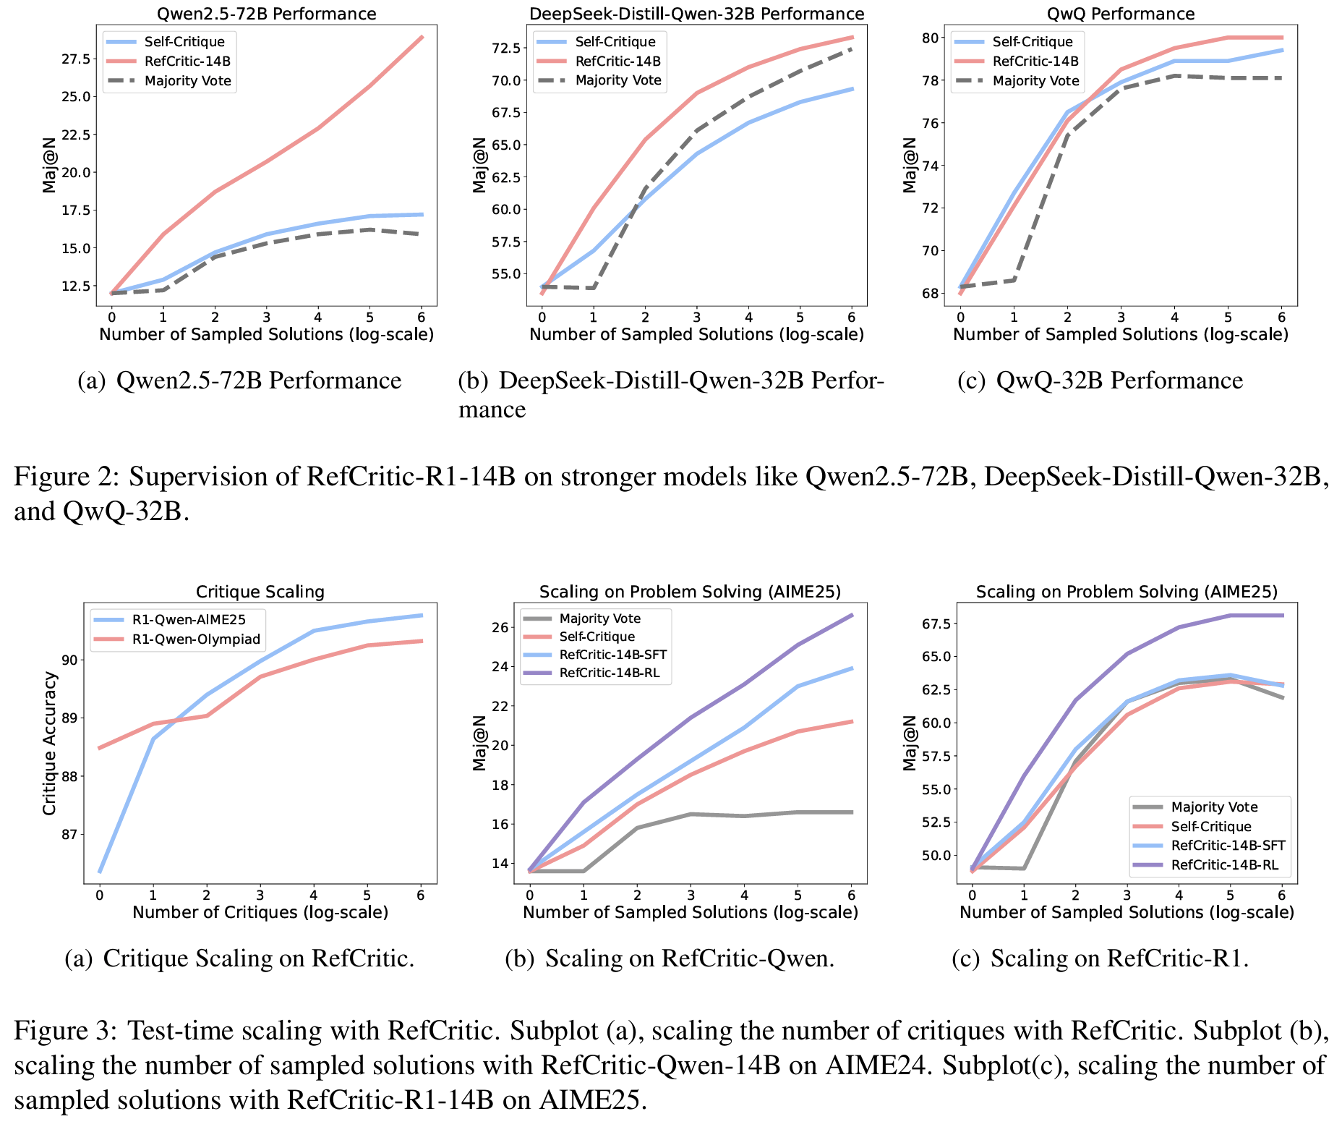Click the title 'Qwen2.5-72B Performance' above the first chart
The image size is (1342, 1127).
click(267, 14)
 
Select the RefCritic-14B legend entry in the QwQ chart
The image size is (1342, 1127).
click(1035, 61)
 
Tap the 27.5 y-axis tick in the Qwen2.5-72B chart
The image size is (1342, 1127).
click(76, 59)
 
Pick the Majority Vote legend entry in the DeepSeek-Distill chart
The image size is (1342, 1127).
click(618, 80)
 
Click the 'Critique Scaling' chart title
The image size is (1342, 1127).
click(260, 592)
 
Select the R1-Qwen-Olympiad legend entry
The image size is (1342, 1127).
click(195, 639)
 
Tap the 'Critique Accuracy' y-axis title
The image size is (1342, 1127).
click(49, 743)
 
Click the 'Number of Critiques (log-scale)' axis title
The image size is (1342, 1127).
click(260, 912)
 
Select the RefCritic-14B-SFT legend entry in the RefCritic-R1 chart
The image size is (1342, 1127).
click(1228, 846)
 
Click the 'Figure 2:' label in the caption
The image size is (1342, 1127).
click(64, 477)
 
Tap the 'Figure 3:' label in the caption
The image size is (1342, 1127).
click(64, 1030)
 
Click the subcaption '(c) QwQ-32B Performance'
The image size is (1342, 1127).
click(1100, 380)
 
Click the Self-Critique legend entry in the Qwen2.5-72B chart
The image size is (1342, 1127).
click(184, 42)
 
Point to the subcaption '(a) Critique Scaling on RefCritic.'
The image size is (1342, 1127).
click(239, 958)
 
